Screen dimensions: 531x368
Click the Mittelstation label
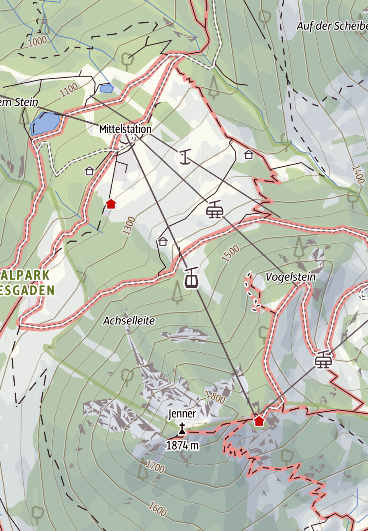(125, 129)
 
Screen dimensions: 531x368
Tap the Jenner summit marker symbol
(182, 429)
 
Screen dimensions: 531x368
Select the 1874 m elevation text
(182, 446)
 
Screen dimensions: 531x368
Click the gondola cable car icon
(191, 278)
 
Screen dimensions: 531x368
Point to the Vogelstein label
(290, 277)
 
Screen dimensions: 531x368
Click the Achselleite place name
(129, 321)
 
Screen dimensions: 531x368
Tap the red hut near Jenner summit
(259, 420)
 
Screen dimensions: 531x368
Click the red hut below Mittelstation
(111, 204)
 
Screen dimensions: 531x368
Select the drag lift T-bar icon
(185, 157)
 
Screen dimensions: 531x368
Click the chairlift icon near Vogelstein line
(215, 210)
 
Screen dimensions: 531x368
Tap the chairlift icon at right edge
(323, 360)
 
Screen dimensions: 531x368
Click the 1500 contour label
(231, 254)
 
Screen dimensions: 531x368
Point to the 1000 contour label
(38, 41)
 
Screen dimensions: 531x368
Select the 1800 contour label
(215, 397)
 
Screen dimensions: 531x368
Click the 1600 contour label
(158, 509)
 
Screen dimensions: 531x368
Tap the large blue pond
(45, 123)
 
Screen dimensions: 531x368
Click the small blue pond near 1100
(106, 88)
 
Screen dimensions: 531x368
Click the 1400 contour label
(358, 174)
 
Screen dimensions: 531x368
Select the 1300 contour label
(129, 225)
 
